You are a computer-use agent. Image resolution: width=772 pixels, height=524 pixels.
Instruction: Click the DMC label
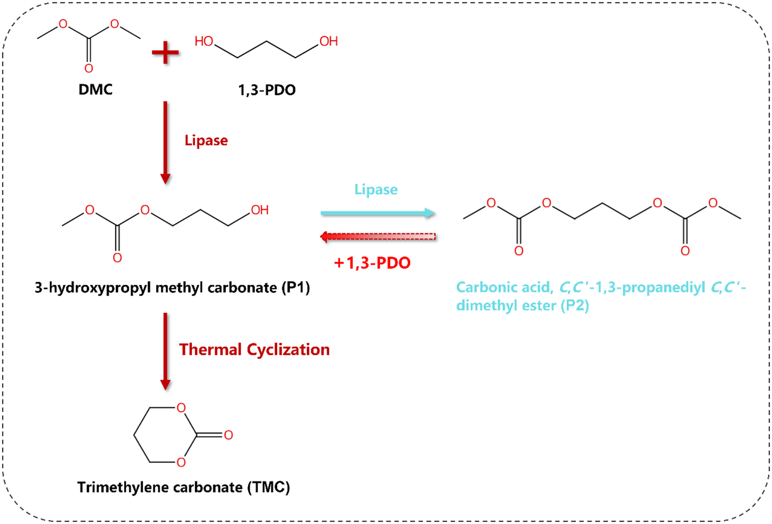[95, 89]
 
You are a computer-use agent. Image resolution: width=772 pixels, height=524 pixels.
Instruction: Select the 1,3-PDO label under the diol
[267, 90]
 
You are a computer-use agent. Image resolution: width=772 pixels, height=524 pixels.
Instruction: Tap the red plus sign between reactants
[165, 53]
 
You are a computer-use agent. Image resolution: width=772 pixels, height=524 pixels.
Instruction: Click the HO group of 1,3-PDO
[204, 41]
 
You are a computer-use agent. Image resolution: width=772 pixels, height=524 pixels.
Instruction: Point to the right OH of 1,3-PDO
[329, 41]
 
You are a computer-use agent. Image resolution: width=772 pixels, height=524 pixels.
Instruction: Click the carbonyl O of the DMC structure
[89, 69]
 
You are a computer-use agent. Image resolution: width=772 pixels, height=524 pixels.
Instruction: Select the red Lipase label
[206, 140]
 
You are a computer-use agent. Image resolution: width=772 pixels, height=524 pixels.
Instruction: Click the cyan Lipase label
[376, 190]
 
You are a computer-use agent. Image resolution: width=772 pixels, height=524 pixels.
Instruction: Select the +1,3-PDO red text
[372, 263]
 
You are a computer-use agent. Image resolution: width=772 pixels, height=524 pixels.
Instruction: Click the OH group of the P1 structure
[260, 210]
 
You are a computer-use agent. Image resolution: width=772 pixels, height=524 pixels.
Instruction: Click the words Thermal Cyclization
[254, 350]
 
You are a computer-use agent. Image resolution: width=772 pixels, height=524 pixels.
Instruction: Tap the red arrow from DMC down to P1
[165, 142]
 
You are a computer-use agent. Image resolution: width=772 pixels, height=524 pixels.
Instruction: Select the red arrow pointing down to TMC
[165, 351]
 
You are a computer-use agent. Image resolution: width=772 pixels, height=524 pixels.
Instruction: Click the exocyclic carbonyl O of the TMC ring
[228, 435]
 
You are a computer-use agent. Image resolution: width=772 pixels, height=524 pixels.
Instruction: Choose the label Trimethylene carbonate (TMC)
[184, 487]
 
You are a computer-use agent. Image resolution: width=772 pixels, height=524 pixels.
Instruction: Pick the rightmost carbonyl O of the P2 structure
[685, 251]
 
